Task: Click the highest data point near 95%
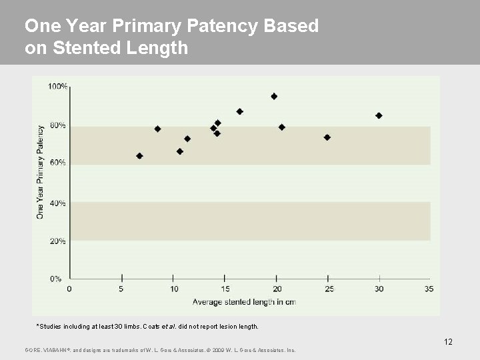(274, 97)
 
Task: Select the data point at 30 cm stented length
(379, 115)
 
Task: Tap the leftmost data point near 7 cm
(139, 156)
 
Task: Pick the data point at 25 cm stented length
(327, 137)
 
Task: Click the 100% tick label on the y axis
(58, 87)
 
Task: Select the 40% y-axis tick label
(59, 203)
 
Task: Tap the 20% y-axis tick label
(59, 241)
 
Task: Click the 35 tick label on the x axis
(429, 289)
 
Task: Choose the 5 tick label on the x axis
(122, 289)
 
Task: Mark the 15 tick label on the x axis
(225, 289)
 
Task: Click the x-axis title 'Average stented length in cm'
(244, 302)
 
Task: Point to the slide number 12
(448, 342)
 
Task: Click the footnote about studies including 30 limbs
(147, 327)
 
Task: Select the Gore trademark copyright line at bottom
(160, 350)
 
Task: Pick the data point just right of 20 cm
(281, 127)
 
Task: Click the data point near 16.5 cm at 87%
(240, 111)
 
